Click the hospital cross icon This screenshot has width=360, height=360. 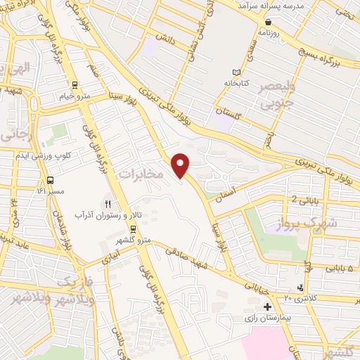pos(267,307)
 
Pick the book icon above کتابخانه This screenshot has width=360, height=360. pos(236,72)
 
